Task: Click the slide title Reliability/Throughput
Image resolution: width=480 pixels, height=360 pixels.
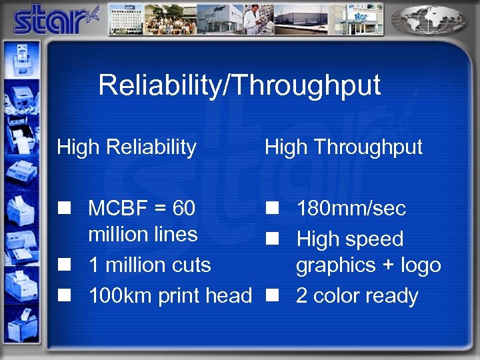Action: (239, 85)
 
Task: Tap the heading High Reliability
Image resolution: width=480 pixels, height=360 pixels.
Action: (127, 147)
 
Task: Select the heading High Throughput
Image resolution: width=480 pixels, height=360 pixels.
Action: (343, 147)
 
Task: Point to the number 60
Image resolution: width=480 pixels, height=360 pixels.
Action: (183, 209)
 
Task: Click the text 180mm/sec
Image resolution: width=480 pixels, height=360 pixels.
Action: (351, 209)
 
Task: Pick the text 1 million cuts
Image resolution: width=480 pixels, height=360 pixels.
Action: (149, 265)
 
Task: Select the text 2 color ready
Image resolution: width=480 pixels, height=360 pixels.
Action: (357, 295)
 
